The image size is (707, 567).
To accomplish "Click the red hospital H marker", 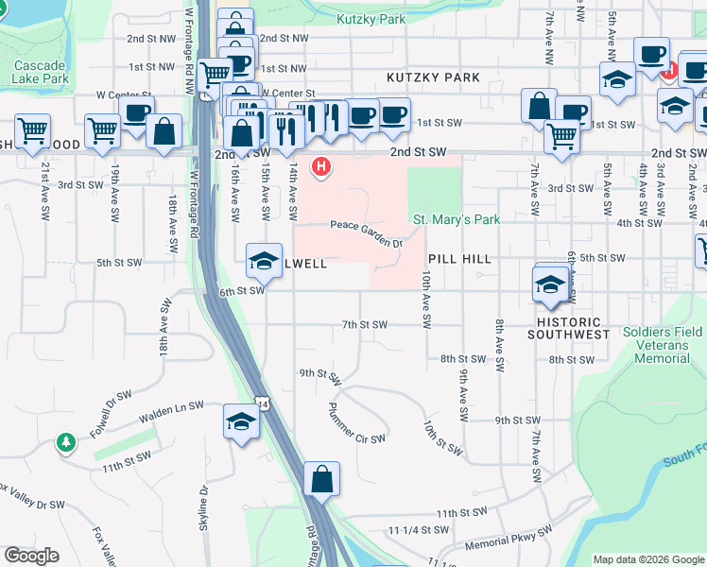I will [322, 167].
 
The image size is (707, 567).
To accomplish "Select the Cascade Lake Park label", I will [41, 73].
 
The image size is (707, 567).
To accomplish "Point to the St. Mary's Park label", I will [457, 219].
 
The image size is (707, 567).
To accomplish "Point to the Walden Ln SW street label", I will [171, 409].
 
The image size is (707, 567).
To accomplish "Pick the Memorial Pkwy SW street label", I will [508, 546].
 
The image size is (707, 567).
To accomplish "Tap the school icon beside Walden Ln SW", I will [242, 421].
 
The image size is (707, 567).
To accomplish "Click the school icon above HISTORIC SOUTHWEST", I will [550, 283].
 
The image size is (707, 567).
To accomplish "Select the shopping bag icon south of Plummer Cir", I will [321, 479].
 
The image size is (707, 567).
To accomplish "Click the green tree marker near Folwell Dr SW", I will [65, 442].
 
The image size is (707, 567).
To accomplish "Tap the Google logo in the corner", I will [31, 556].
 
